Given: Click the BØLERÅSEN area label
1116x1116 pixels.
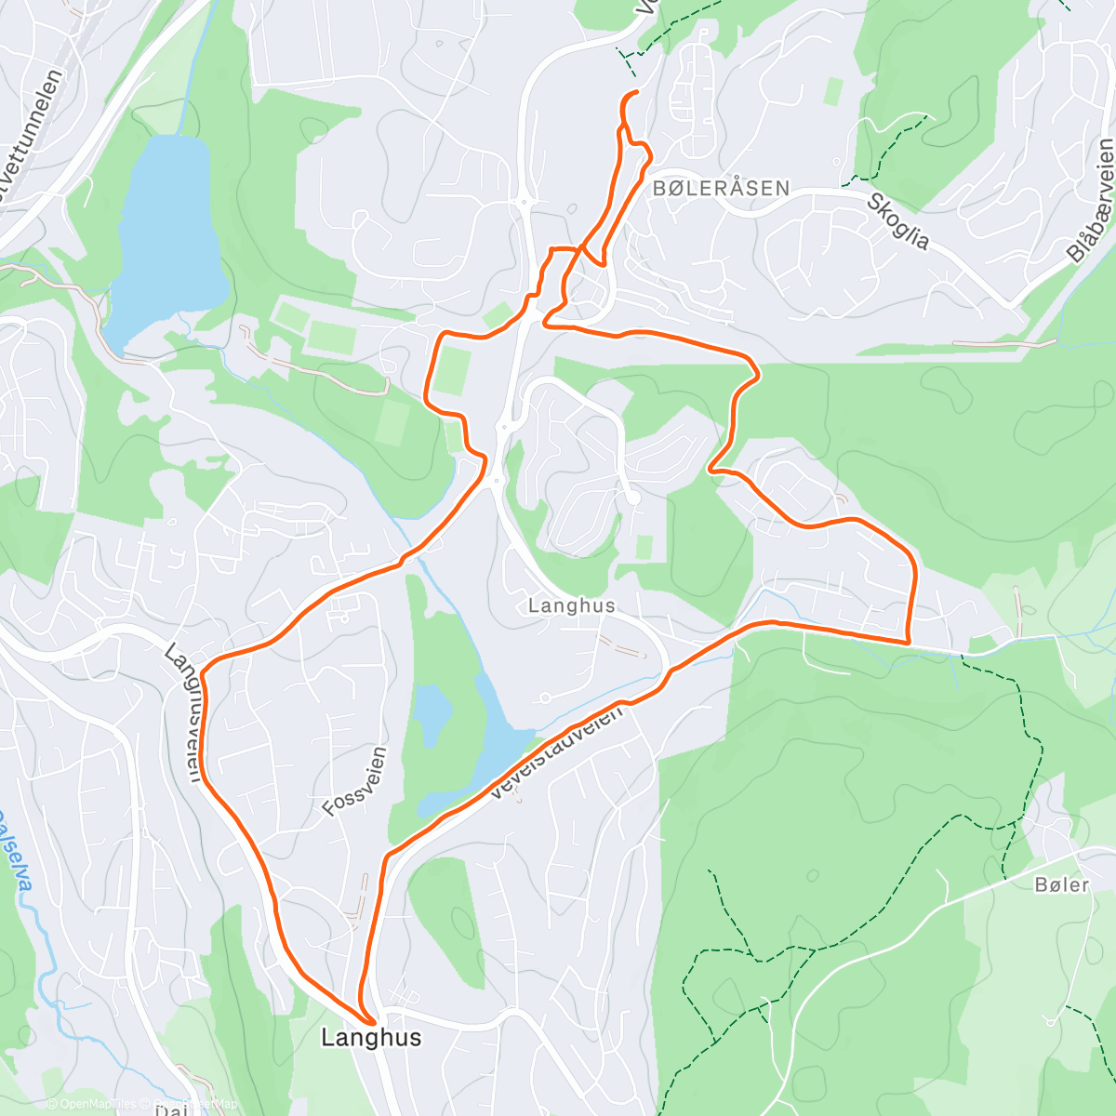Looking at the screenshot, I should [x=721, y=188].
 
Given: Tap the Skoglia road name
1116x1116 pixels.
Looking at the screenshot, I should [x=898, y=221].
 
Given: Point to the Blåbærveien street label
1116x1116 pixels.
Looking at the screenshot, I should [x=1091, y=201].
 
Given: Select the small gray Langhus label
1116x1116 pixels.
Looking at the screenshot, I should [x=571, y=605].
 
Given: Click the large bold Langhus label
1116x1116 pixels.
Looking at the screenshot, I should [x=371, y=1037].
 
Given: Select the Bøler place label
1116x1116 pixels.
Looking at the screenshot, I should [x=1061, y=884].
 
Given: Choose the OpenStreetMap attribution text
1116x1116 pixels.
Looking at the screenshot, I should [x=191, y=1104].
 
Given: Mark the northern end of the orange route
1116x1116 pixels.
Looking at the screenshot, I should [x=636, y=92].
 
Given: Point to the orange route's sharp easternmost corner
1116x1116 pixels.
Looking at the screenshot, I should [x=908, y=642].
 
